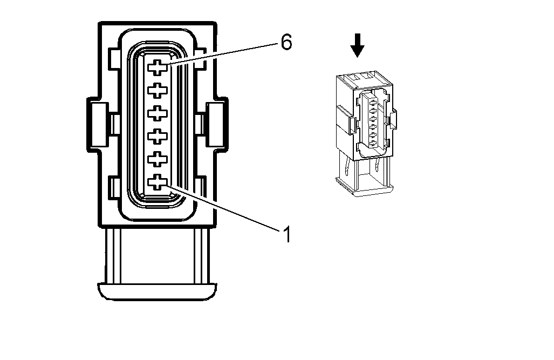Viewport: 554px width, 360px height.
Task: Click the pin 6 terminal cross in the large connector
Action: pyautogui.click(x=157, y=67)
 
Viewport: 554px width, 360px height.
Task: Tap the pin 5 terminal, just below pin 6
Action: pyautogui.click(x=157, y=90)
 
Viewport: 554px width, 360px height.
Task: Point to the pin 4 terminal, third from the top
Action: pyautogui.click(x=157, y=113)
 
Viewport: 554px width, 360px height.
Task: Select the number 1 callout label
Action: pyautogui.click(x=286, y=234)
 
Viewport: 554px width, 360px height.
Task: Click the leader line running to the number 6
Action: pyautogui.click(x=227, y=54)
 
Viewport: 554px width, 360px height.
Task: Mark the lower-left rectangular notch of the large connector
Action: pyautogui.click(x=113, y=187)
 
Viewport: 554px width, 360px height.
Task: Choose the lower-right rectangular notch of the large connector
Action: pyautogui.click(x=201, y=187)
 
